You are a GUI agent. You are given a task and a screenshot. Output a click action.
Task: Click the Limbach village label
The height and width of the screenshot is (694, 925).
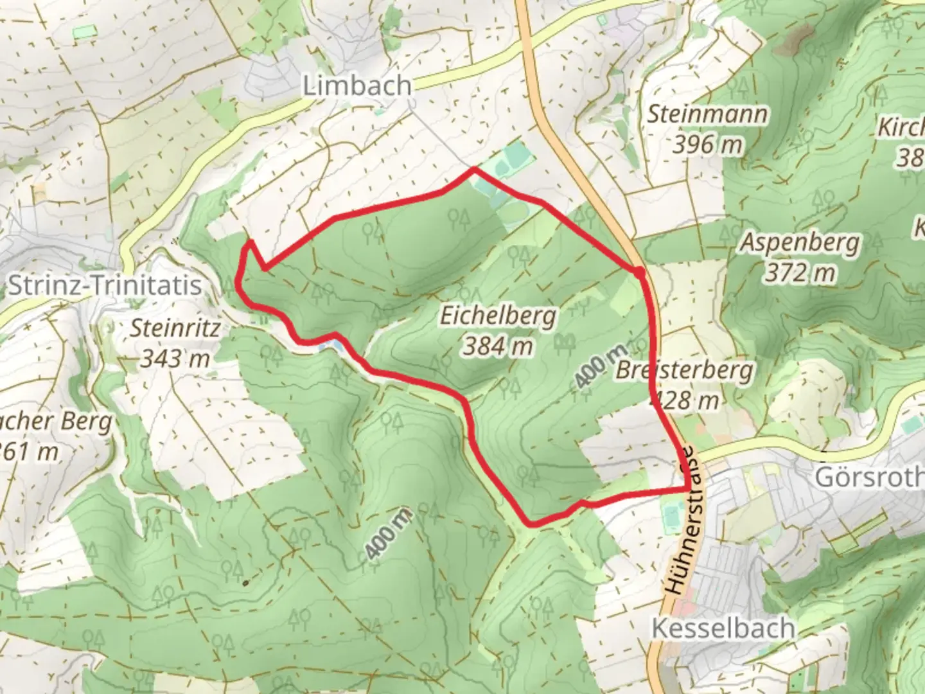357,85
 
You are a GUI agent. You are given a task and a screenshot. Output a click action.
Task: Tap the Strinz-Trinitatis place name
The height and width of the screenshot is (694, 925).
105,285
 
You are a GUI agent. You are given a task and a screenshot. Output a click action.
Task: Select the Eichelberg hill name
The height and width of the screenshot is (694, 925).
498,316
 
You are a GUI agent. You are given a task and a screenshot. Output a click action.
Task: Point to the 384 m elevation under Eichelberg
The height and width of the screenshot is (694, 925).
498,346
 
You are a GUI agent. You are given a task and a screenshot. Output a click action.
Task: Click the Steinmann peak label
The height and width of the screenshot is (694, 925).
707,114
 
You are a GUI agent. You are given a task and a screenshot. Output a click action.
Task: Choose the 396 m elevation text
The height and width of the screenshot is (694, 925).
707,145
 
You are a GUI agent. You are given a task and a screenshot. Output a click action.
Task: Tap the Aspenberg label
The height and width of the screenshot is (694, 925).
800,243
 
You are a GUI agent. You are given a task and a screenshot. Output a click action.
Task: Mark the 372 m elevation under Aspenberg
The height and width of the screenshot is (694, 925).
800,273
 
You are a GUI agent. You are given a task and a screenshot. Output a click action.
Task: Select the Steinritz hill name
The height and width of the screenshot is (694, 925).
175,328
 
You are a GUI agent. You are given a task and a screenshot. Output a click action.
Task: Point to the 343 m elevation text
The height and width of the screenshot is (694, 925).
175,358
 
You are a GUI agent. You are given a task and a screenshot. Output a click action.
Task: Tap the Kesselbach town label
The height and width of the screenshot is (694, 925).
723,628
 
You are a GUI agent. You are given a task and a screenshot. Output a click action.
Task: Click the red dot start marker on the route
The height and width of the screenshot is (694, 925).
639,273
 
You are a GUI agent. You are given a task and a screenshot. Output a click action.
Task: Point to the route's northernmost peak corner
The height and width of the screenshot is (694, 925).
474,169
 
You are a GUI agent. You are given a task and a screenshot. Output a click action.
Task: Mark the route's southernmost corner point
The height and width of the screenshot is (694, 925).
531,524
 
